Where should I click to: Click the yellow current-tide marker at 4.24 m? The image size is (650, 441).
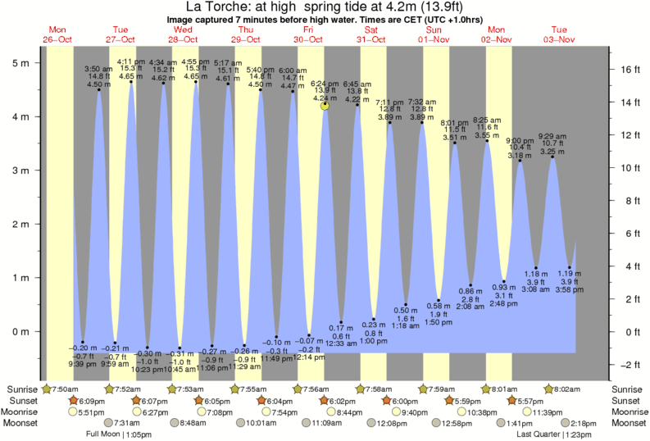coord(325,105)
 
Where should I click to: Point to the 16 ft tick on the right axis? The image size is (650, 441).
coord(629,70)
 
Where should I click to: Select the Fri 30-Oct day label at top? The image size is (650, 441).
coord(308,34)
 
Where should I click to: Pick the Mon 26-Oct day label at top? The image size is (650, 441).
coord(57,34)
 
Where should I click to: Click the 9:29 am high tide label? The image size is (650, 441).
coord(552,136)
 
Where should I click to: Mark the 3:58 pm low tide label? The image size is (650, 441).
coord(566,289)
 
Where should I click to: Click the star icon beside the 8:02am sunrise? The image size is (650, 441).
coord(549,389)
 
